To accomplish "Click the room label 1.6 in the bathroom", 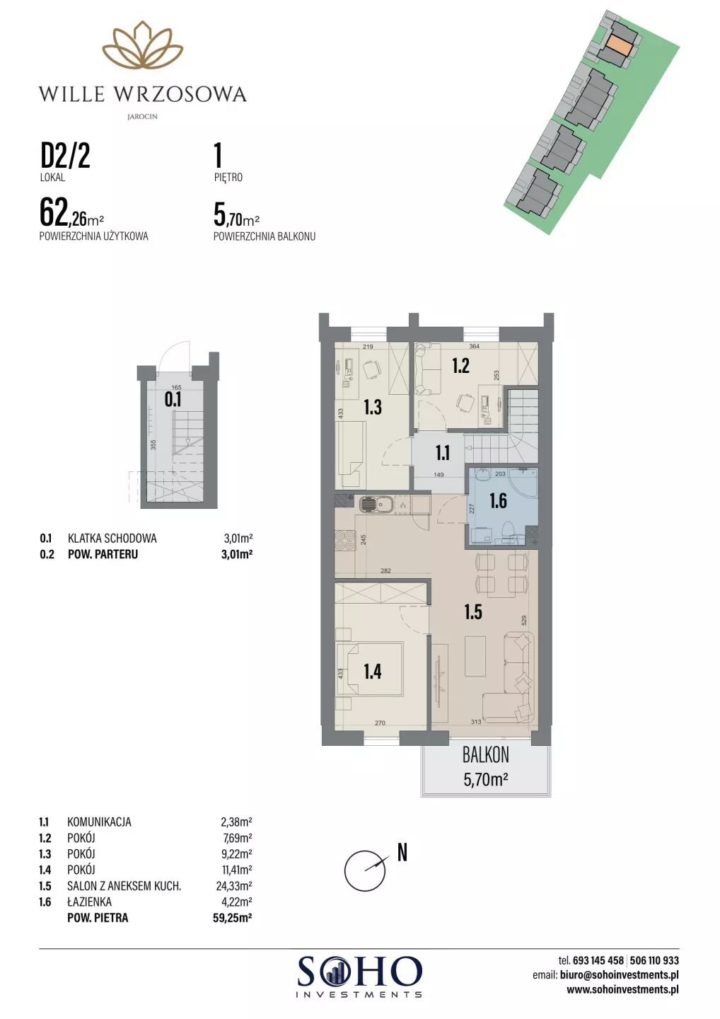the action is pyautogui.click(x=498, y=501).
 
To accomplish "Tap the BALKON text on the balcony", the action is pyautogui.click(x=485, y=756).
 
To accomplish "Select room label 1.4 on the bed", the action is pyautogui.click(x=372, y=672).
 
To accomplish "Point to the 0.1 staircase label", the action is pyautogui.click(x=173, y=399).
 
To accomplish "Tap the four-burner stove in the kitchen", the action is pyautogui.click(x=344, y=541).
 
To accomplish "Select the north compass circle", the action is pyautogui.click(x=364, y=870).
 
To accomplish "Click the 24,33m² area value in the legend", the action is pyautogui.click(x=234, y=886).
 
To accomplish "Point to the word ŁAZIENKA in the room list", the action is pyautogui.click(x=89, y=902).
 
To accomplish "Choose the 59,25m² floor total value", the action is pyautogui.click(x=233, y=918).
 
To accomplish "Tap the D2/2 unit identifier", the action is pyautogui.click(x=66, y=156).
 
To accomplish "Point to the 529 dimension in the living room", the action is pyautogui.click(x=523, y=621).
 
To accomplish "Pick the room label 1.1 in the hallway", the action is pyautogui.click(x=442, y=453).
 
